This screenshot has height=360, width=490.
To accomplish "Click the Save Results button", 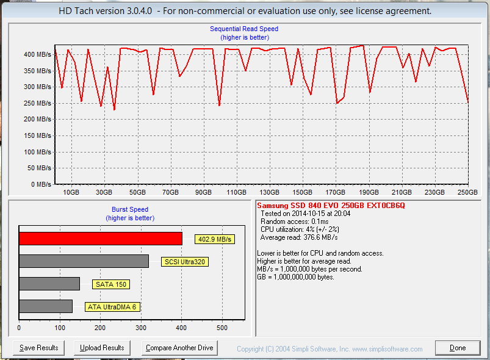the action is coord(39,348).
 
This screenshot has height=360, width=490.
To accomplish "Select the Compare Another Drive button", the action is coord(179,348).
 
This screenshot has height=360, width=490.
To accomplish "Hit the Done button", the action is coord(458,348).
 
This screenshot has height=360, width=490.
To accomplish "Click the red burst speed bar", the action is coord(101,239).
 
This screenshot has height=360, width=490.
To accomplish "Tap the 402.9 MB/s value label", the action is coord(215,239).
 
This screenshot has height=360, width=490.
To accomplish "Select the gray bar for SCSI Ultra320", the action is coord(84,261).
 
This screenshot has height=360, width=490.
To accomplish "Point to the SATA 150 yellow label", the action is coord(111,284).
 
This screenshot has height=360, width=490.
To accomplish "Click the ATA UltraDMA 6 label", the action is coord(112,307).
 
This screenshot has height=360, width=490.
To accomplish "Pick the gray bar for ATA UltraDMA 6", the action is coord(46,306).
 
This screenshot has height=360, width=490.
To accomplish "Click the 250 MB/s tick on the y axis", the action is coord(37,103).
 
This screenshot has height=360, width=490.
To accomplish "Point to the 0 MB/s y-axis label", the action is coord(41,184).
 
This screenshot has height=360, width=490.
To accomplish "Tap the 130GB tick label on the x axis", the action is coord(269,192).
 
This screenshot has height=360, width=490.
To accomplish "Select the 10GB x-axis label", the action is coord(71,192).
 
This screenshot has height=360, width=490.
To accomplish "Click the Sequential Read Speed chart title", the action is coord(244,29).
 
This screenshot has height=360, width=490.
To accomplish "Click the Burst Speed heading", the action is coord(130,209).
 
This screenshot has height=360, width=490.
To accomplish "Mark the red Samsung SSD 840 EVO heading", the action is coord(331,205).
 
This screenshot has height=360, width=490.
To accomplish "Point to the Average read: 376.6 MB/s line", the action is coord(299,237).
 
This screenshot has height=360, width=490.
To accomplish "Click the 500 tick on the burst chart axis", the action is coord(222,328).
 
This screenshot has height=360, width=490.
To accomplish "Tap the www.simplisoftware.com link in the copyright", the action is coord(387,349).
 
